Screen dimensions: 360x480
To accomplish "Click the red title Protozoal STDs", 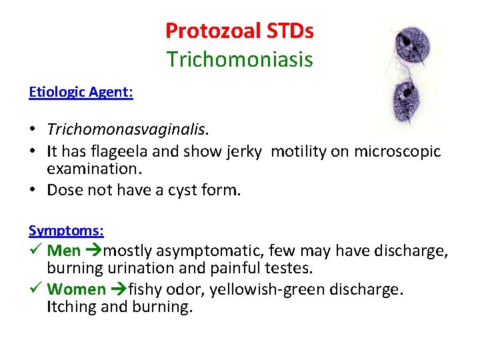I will coord(239,31).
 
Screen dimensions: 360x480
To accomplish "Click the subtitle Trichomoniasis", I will coord(239,59).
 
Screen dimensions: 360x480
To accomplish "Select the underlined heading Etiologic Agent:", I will coord(81,93).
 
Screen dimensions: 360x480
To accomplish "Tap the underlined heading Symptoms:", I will coord(66,231).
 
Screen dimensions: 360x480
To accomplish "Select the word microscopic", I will coord(397,151).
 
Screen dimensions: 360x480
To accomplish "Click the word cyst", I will coord(171,190).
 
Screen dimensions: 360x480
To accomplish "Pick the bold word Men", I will coord(64,251).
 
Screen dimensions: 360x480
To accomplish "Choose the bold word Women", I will coord(77,290).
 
